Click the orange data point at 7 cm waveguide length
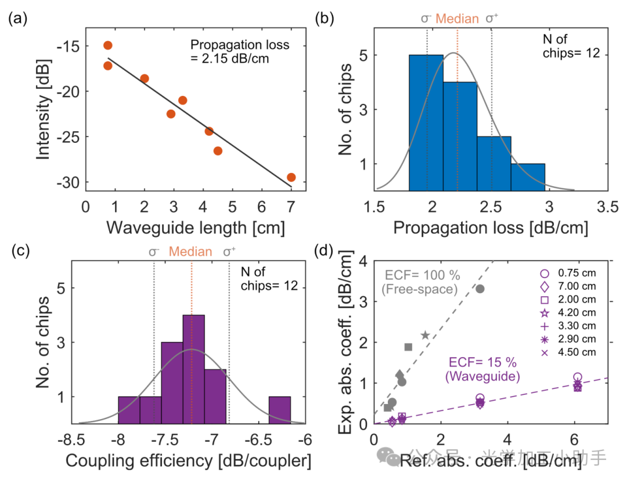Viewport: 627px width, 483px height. (291, 177)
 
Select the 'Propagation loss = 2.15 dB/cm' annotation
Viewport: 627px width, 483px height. (239, 51)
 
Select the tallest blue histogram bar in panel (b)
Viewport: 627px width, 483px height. (426, 122)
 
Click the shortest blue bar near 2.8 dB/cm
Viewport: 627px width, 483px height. (528, 177)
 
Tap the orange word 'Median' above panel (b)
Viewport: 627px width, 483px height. (457, 19)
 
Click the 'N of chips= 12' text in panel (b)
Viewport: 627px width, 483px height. (566, 47)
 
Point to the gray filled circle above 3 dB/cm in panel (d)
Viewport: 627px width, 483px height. (480, 289)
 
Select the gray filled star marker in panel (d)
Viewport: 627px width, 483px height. (425, 335)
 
